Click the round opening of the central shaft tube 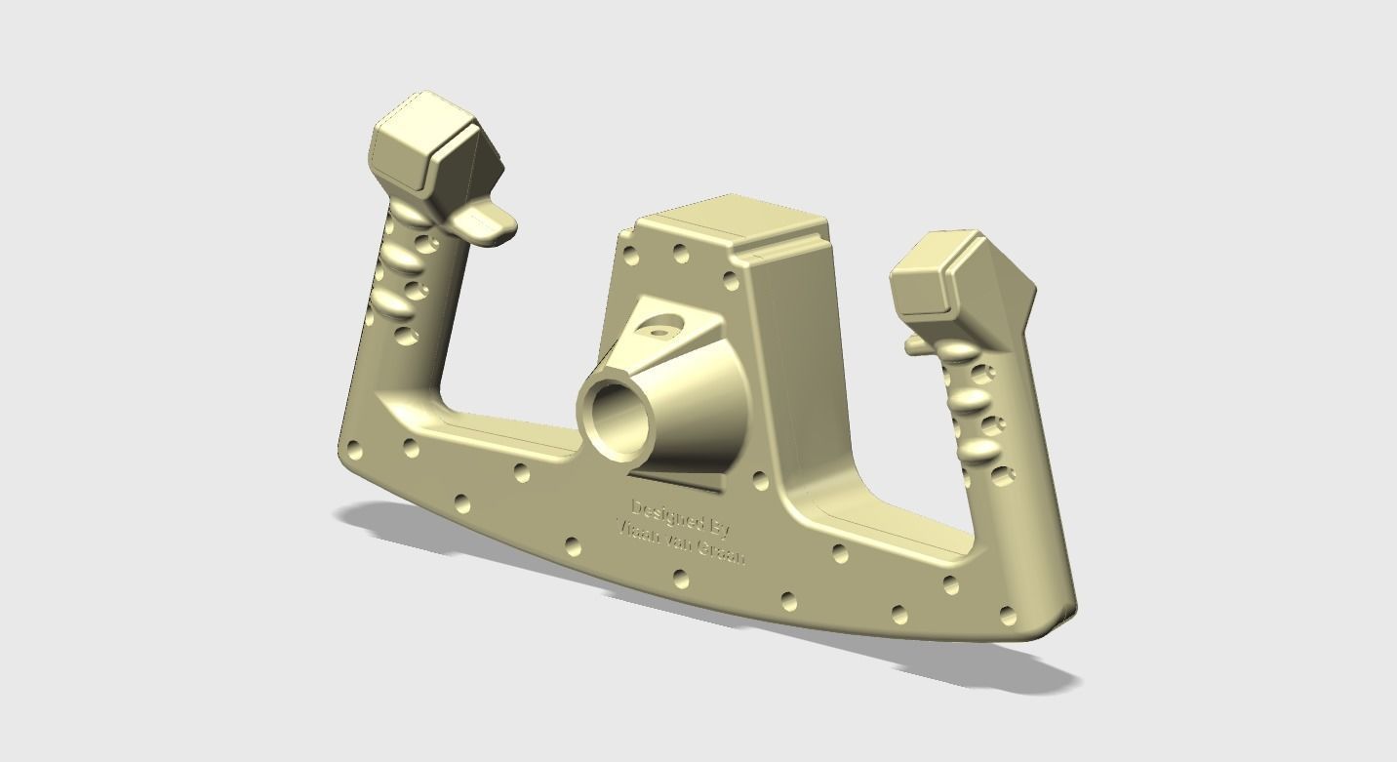[617, 421]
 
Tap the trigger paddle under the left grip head [488, 224]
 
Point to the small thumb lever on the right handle [917, 344]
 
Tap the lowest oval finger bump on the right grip [980, 449]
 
